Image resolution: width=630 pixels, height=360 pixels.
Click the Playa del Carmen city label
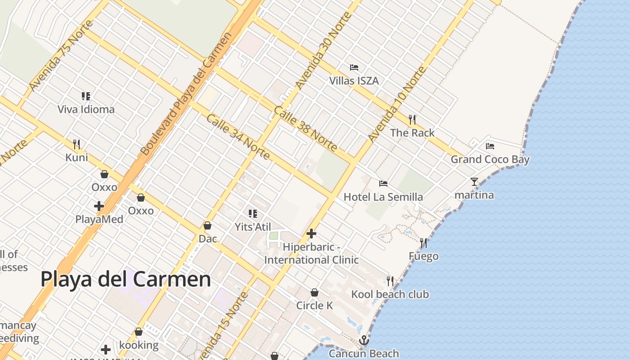[126, 279]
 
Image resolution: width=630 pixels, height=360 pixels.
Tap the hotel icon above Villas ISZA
[354, 67]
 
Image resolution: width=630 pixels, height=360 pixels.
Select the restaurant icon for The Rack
[412, 119]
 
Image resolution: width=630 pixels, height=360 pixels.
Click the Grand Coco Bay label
[490, 159]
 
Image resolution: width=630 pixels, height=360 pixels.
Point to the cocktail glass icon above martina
[474, 181]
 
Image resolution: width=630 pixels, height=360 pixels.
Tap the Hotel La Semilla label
[383, 197]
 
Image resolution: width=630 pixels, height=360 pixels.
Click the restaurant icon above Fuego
[423, 243]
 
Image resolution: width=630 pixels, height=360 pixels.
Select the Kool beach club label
[390, 294]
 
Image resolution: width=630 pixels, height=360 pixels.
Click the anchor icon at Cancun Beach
[364, 340]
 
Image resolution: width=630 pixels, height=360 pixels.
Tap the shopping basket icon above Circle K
[315, 292]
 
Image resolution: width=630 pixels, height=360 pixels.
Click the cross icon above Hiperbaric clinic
[311, 234]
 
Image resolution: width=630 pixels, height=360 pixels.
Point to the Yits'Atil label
[253, 226]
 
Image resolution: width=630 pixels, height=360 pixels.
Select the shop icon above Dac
[207, 225]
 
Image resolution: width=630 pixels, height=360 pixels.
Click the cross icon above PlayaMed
[99, 206]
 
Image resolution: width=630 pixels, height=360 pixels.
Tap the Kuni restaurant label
[76, 157]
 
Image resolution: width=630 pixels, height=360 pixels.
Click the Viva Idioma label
[86, 109]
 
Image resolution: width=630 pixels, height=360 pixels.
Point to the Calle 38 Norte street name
[305, 129]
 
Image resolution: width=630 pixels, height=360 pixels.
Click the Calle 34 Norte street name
[238, 137]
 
